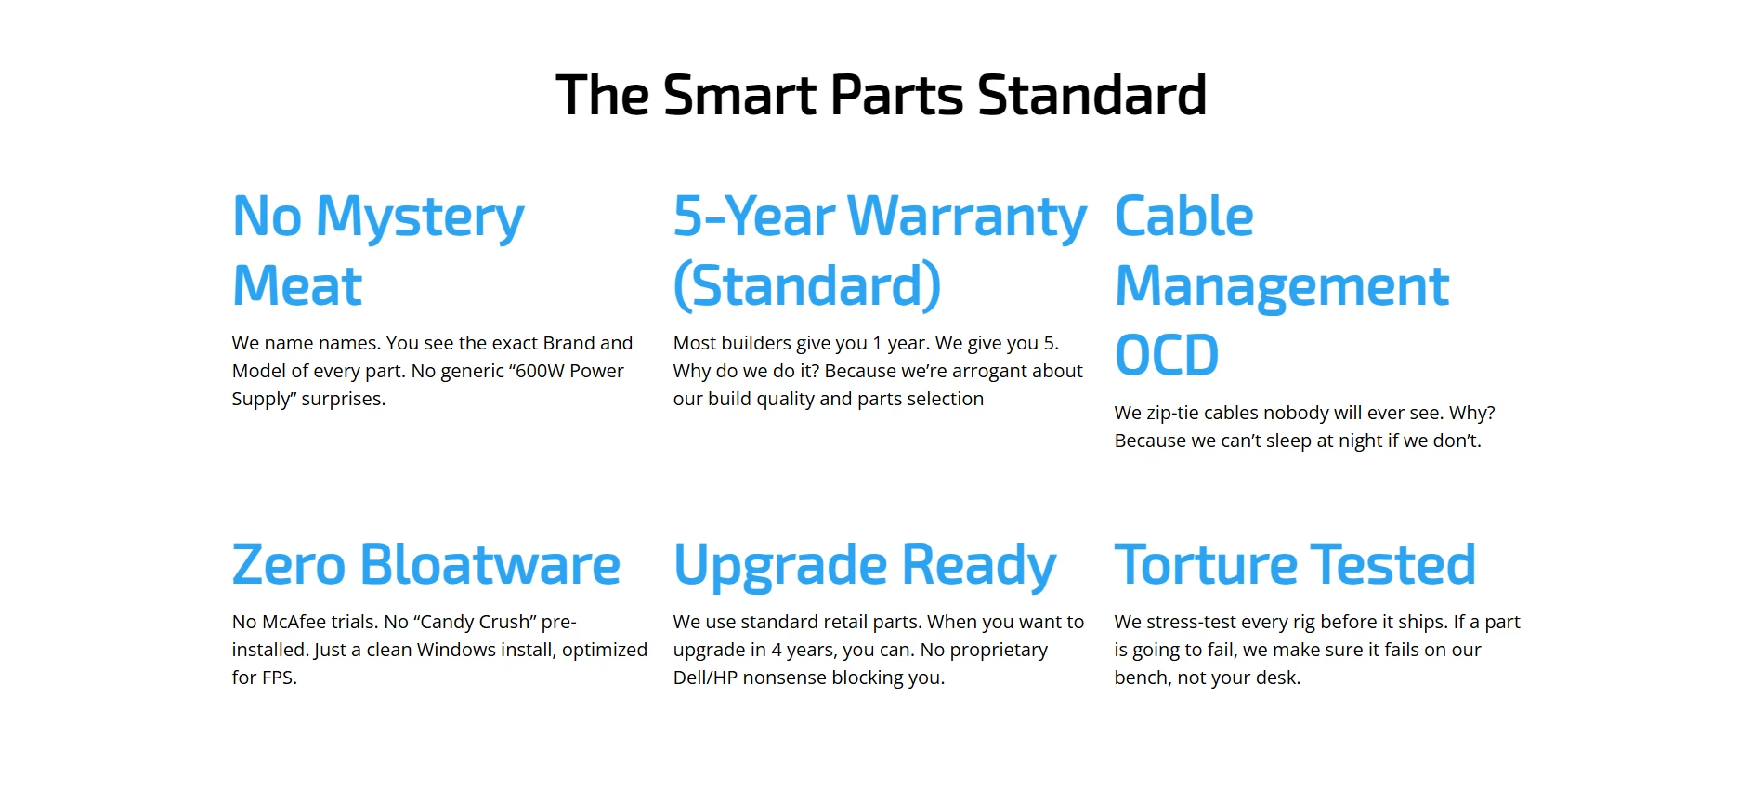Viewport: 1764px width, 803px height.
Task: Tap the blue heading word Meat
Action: (x=297, y=285)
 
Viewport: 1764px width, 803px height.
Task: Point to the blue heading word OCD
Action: (x=1167, y=355)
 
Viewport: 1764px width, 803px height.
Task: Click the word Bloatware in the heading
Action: (x=490, y=564)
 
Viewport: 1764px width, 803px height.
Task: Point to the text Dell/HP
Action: (x=705, y=678)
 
